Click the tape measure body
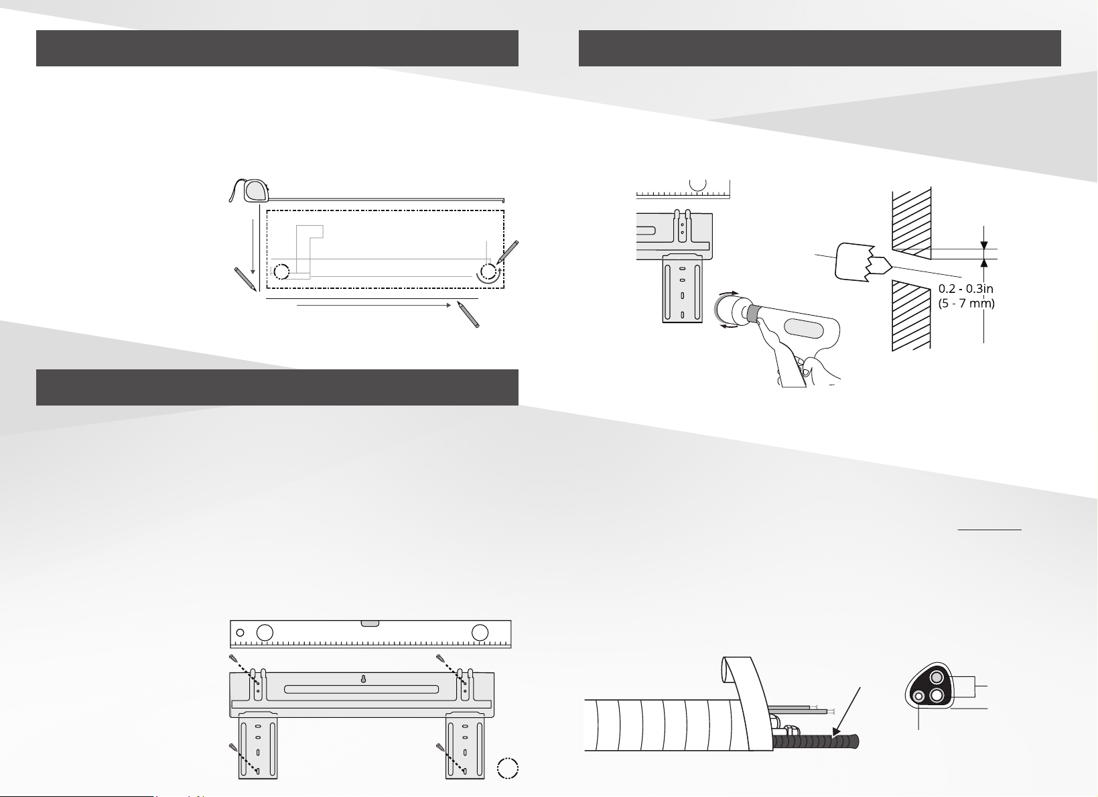tap(255, 191)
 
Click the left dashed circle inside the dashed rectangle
tap(281, 271)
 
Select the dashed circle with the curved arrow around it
tap(488, 271)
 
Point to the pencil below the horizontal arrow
tap(468, 314)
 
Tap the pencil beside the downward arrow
tap(245, 279)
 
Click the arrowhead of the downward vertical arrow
tap(253, 271)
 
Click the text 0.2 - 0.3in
tap(965, 289)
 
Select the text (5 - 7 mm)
tap(966, 304)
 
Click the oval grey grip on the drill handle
tap(803, 328)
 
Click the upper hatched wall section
tap(911, 224)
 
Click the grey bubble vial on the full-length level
tap(370, 623)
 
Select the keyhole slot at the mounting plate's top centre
tap(363, 679)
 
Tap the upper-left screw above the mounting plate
tap(233, 658)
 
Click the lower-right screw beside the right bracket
tap(440, 747)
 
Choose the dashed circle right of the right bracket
tap(508, 768)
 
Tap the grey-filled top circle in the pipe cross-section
tap(937, 678)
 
